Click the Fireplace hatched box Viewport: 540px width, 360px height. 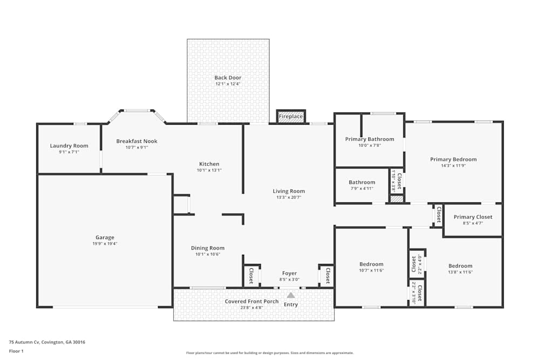(x=291, y=117)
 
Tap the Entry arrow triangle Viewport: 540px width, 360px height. (x=291, y=295)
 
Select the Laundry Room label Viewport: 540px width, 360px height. (x=69, y=146)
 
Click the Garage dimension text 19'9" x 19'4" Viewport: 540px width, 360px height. (x=105, y=243)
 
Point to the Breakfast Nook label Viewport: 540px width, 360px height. (x=137, y=141)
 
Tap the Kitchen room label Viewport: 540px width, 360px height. (x=209, y=164)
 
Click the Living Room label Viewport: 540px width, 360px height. (x=288, y=191)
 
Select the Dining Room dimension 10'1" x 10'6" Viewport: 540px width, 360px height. (x=207, y=254)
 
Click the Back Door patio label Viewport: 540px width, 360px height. (x=228, y=78)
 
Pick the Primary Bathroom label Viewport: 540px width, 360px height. (x=370, y=139)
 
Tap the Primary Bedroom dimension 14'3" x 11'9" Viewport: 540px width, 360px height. (x=453, y=166)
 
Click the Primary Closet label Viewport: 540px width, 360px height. (x=472, y=217)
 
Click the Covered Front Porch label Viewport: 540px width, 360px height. (x=252, y=301)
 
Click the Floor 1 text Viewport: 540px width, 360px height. (x=16, y=351)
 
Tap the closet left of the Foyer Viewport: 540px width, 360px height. (x=251, y=276)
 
